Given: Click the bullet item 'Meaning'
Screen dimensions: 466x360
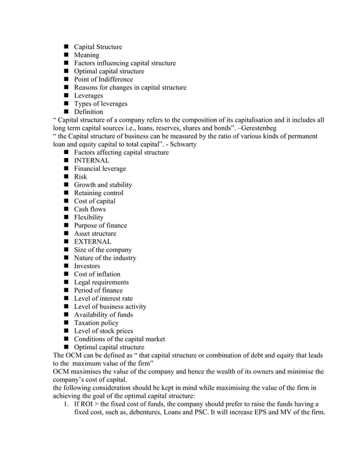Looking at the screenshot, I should pyautogui.click(x=86, y=55).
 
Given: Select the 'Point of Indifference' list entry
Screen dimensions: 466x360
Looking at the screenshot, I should pyautogui.click(x=103, y=80).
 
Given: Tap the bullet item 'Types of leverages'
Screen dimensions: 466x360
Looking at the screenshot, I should pyautogui.click(x=100, y=104).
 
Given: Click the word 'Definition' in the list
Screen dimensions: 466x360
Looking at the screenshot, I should pyautogui.click(x=89, y=112).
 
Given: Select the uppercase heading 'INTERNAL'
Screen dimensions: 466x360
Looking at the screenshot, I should pyautogui.click(x=92, y=161).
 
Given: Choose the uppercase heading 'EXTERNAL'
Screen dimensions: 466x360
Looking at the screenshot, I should pyautogui.click(x=93, y=241).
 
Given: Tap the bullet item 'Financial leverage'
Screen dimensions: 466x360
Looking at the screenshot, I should pyautogui.click(x=100, y=169).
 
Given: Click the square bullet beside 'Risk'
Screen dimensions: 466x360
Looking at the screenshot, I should pyautogui.click(x=66, y=177).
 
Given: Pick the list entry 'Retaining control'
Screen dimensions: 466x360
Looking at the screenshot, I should pyautogui.click(x=98, y=193).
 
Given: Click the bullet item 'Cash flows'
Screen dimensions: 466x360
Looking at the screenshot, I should pyautogui.click(x=90, y=209).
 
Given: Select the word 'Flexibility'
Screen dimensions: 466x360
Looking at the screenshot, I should pyautogui.click(x=89, y=217).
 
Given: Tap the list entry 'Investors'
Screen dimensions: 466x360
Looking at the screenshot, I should pyautogui.click(x=87, y=266).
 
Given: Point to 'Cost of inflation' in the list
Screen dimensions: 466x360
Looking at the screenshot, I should pyautogui.click(x=97, y=274).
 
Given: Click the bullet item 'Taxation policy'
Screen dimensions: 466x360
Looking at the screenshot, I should pyautogui.click(x=96, y=323).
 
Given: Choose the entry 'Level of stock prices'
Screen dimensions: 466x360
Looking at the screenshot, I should pyautogui.click(x=103, y=331).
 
